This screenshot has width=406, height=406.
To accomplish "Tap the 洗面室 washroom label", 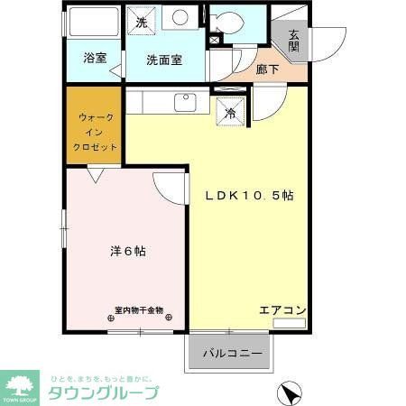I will pyautogui.click(x=165, y=60).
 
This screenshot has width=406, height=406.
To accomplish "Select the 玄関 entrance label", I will pyautogui.click(x=294, y=42).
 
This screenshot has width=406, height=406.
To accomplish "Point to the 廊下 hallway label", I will pyautogui.click(x=266, y=69).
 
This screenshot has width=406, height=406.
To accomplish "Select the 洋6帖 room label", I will pyautogui.click(x=121, y=252).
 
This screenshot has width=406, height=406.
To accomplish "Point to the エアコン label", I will pyautogui.click(x=282, y=310).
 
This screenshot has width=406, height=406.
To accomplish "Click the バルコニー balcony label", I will pyautogui.click(x=232, y=353).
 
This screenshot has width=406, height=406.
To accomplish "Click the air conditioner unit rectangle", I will pyautogui.click(x=290, y=322).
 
